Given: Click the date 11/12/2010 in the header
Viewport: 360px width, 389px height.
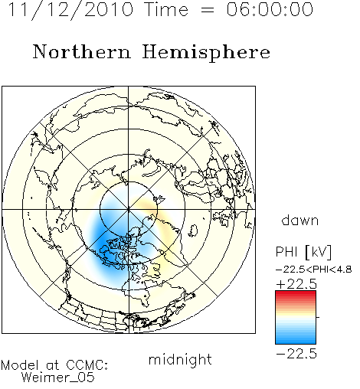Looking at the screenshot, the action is point(70,10).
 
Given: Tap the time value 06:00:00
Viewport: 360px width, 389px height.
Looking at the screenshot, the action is point(270,9).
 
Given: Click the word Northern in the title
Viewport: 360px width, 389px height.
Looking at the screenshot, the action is point(82,51).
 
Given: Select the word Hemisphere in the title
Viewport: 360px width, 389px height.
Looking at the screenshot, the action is point(206,53).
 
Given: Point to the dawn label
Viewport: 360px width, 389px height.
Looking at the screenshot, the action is point(300,220).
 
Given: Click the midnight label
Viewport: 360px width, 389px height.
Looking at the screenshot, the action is point(180,359).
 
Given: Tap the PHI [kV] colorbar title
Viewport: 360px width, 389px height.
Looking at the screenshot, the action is point(303,252).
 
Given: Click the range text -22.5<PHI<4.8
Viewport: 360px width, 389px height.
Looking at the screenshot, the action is point(314,270).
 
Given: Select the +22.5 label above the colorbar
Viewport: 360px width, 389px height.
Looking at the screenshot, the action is point(296,284).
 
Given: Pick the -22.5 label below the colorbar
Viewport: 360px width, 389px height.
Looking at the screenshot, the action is point(296,354).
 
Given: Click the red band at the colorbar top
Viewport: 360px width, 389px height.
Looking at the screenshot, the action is point(296,294).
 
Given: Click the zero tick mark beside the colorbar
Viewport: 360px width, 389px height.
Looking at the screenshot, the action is point(318,317).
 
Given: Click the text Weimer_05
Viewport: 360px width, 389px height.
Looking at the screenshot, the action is point(58,378).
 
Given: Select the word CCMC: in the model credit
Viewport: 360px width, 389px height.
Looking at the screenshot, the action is point(87,365).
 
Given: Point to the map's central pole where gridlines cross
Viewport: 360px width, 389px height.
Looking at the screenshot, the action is point(129,209).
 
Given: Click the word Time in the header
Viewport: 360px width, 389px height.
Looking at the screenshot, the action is point(166,9).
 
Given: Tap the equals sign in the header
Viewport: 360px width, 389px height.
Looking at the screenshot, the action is point(207,11).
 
